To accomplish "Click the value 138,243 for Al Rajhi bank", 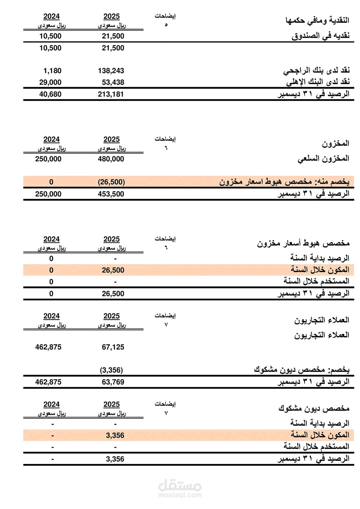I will click(111, 71).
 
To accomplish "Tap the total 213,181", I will click(111, 94).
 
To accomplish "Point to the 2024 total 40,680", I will click(50, 94).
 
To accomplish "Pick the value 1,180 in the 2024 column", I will click(52, 71).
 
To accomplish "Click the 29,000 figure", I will click(50, 82).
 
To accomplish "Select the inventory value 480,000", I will click(111, 159).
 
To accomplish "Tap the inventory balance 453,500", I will click(111, 194).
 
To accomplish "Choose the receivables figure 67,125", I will click(113, 347).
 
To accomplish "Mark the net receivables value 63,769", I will click(113, 382).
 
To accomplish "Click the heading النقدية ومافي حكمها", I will click(317, 20).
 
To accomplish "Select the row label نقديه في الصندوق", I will click(320, 36).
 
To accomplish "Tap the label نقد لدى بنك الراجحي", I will click(316, 70).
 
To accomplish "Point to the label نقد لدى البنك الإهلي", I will click(318, 82).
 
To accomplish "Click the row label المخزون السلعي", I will click(323, 159).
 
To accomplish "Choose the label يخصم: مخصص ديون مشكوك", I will click(301, 370).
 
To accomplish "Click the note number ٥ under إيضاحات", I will click(166, 25).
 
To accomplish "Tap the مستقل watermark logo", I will click(180, 488).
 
